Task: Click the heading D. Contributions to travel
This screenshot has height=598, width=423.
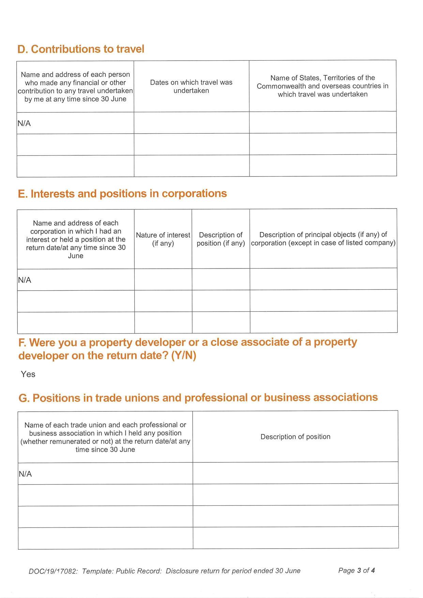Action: (81, 49)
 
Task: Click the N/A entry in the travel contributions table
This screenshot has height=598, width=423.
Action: (24, 123)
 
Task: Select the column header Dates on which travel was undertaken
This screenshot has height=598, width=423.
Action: (191, 87)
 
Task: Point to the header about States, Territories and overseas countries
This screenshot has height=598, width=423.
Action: (322, 86)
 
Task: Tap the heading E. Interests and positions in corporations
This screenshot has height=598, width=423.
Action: (122, 194)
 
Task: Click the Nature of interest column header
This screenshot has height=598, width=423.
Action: (163, 239)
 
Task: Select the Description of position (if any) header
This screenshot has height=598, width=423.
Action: (221, 239)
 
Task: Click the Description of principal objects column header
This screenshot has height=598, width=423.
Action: (323, 239)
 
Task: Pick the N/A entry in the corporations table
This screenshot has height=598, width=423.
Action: (25, 280)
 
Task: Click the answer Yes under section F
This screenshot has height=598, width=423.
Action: (28, 374)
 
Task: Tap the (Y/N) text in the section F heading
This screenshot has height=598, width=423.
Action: (183, 356)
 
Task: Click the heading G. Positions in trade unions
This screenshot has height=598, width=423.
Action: (198, 398)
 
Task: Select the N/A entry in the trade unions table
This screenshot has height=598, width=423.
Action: (25, 474)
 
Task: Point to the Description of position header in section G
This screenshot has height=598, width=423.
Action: (295, 437)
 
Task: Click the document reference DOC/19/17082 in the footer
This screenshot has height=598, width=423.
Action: (53, 571)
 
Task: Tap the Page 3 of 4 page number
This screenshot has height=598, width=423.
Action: (356, 570)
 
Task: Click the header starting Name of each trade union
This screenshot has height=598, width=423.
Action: (105, 437)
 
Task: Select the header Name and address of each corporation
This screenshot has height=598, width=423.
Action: (76, 239)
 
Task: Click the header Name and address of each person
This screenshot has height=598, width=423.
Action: (75, 87)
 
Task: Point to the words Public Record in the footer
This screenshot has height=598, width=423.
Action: (139, 571)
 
